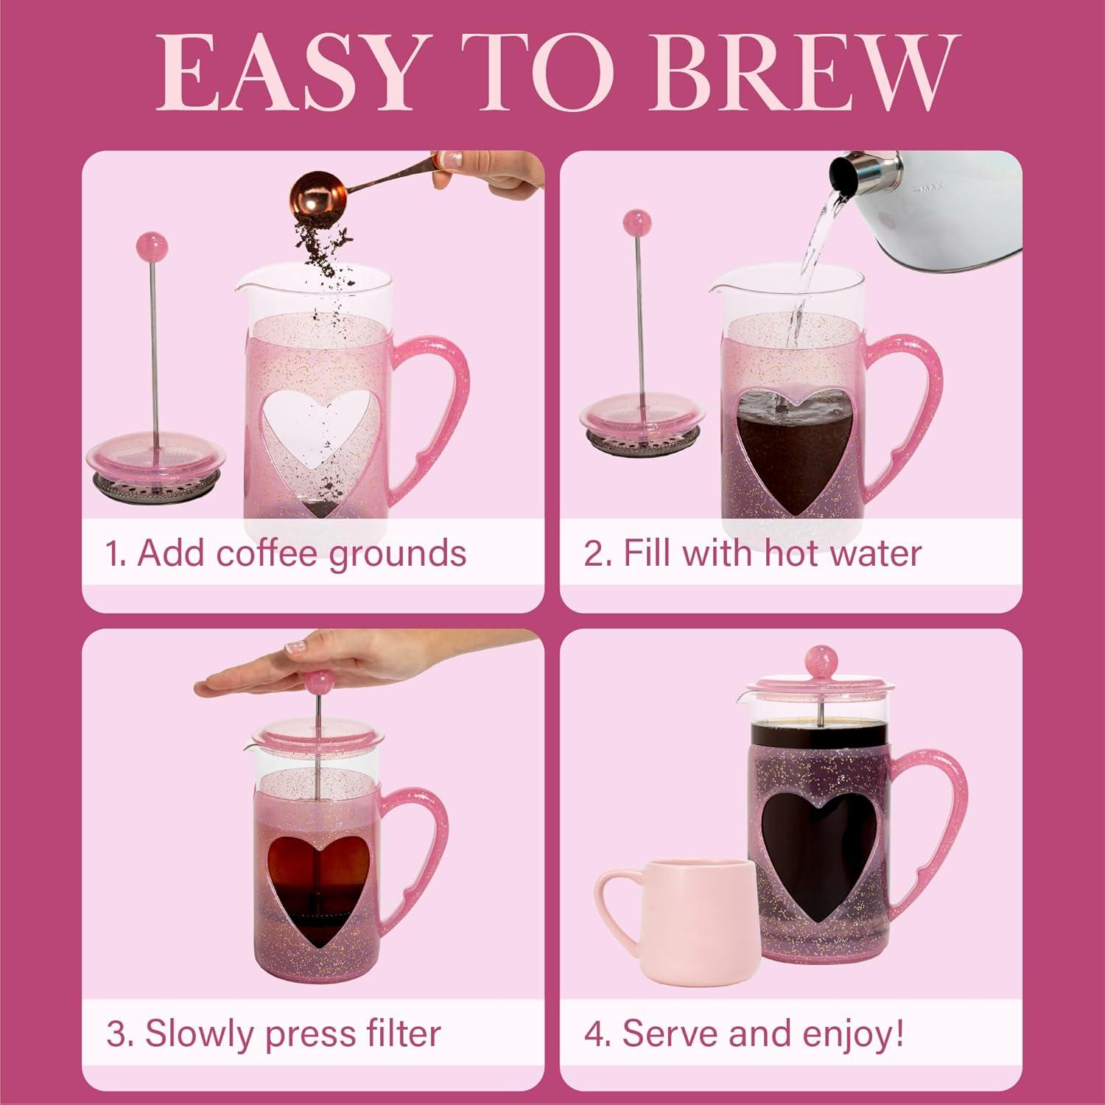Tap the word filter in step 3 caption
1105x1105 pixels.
[403, 1034]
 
